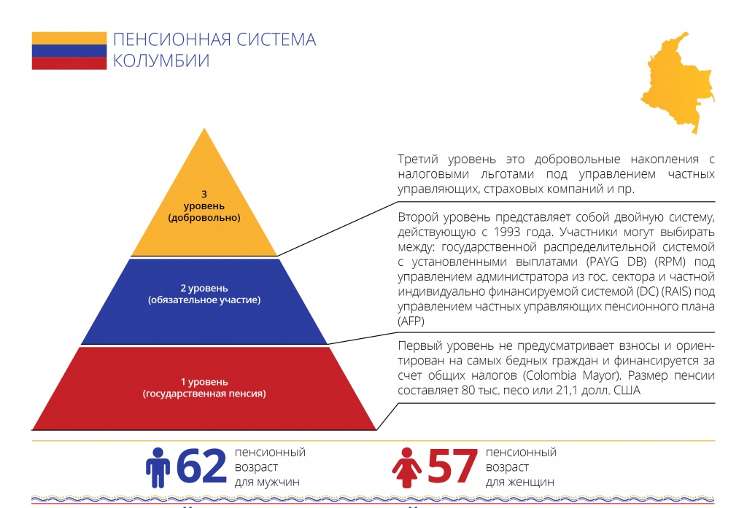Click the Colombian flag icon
[69, 50]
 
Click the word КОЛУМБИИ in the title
[161, 61]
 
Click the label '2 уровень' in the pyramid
[204, 288]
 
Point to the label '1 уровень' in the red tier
[204, 382]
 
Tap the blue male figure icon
[158, 467]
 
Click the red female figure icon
[406, 467]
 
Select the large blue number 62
[201, 466]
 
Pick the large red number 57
[452, 466]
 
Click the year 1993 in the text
[507, 232]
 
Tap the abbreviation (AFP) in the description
[411, 321]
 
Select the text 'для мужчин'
[267, 482]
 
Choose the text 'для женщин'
[519, 482]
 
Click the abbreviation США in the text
[627, 391]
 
